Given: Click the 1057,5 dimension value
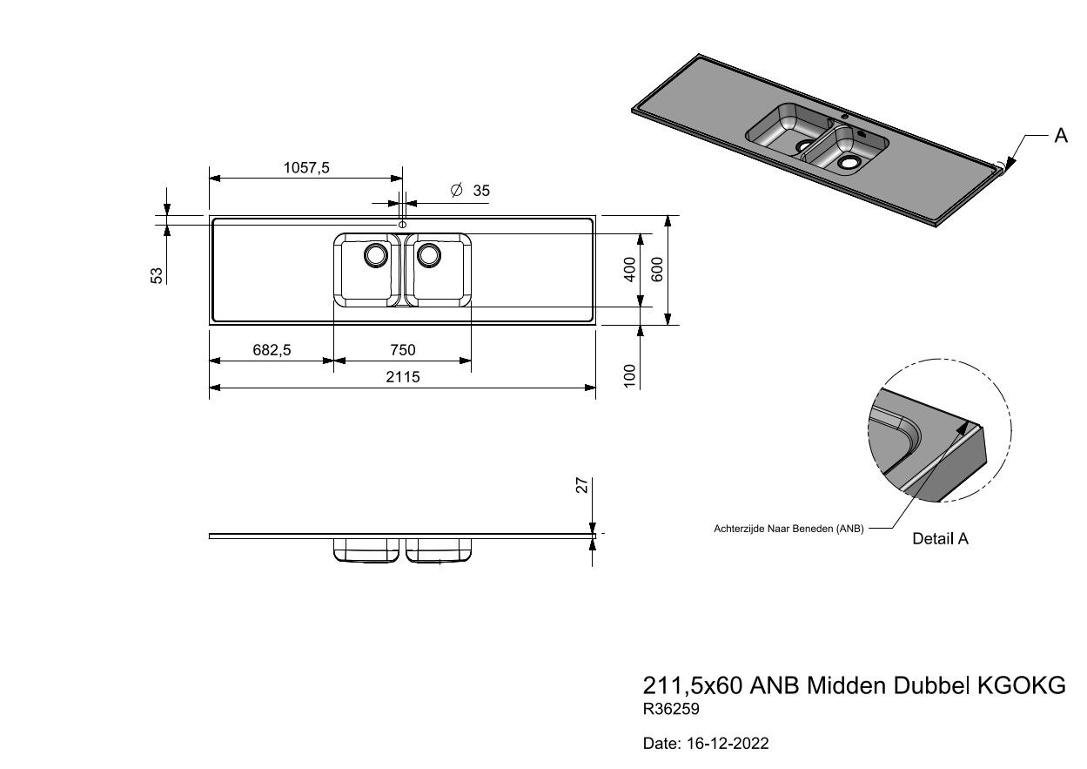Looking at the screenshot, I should pyautogui.click(x=307, y=168).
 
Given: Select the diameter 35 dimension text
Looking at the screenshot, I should pyautogui.click(x=471, y=191).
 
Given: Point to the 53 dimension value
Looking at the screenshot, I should pyautogui.click(x=158, y=275).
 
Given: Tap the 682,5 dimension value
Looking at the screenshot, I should pyautogui.click(x=272, y=350).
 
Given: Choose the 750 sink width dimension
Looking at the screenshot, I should pyautogui.click(x=402, y=350).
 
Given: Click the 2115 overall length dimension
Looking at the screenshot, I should pyautogui.click(x=402, y=377).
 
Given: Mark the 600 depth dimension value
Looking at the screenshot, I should pyautogui.click(x=658, y=269).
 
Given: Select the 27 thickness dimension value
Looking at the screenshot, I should pyautogui.click(x=584, y=485).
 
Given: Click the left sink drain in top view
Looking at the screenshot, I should pyautogui.click(x=376, y=254).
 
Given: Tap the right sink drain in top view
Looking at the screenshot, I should pyautogui.click(x=428, y=254).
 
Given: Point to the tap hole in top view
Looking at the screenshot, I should pyautogui.click(x=402, y=225).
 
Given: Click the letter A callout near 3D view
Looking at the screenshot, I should pyautogui.click(x=1061, y=135).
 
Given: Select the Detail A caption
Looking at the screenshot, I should pyautogui.click(x=940, y=539).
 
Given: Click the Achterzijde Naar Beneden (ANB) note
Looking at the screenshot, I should pyautogui.click(x=788, y=528).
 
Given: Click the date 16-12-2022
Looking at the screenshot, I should pyautogui.click(x=705, y=745).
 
